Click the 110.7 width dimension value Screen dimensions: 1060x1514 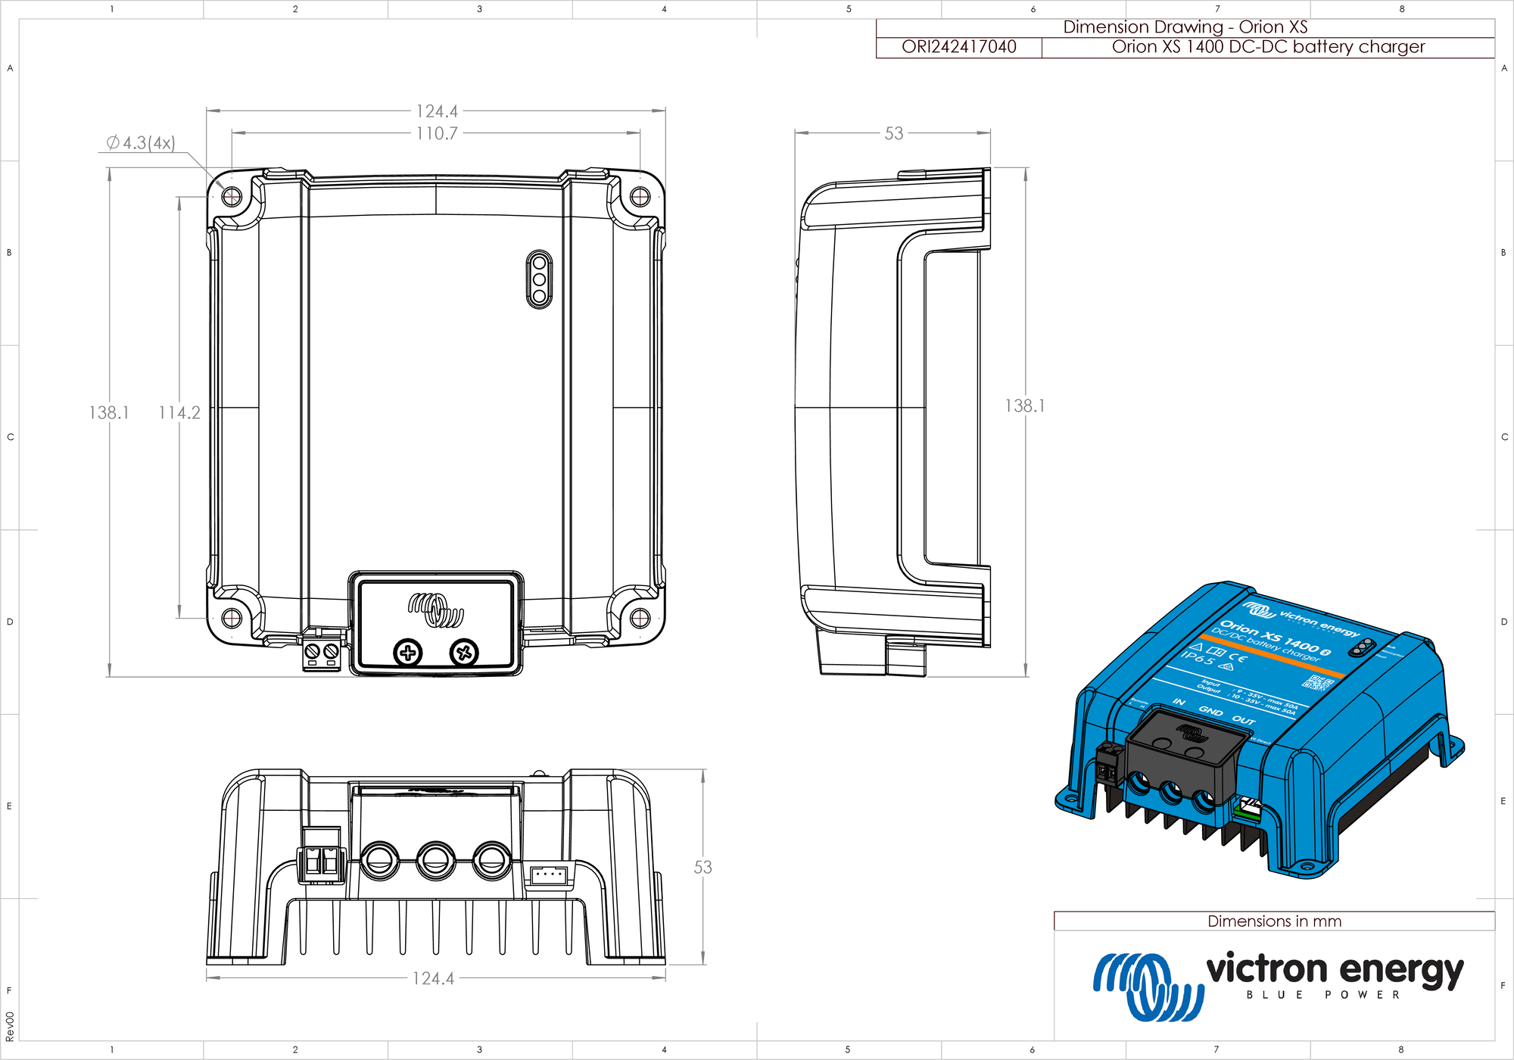pos(437,134)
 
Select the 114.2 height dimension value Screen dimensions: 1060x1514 pos(179,413)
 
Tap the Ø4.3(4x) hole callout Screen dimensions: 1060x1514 pos(141,142)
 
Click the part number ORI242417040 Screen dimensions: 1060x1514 pos(958,47)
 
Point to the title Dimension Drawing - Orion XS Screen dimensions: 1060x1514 pos(1185,27)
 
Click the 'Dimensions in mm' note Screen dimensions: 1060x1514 pos(1274,921)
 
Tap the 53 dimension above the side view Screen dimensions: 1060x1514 pos(894,134)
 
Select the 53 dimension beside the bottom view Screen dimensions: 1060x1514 pos(702,868)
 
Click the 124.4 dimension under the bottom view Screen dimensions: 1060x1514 pos(433,978)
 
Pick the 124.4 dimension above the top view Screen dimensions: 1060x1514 pos(437,111)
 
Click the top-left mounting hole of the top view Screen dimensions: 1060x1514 pos(232,198)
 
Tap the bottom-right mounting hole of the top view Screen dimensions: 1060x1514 pos(640,618)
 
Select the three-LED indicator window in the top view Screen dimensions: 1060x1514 pos(539,279)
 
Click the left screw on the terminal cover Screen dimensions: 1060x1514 pos(408,653)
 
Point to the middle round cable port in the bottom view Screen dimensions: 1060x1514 pos(435,860)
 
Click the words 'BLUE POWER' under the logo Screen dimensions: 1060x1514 pos(1323,995)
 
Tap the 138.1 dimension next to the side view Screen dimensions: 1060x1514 pos(1024,407)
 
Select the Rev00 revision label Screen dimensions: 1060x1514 pos(10,1026)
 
